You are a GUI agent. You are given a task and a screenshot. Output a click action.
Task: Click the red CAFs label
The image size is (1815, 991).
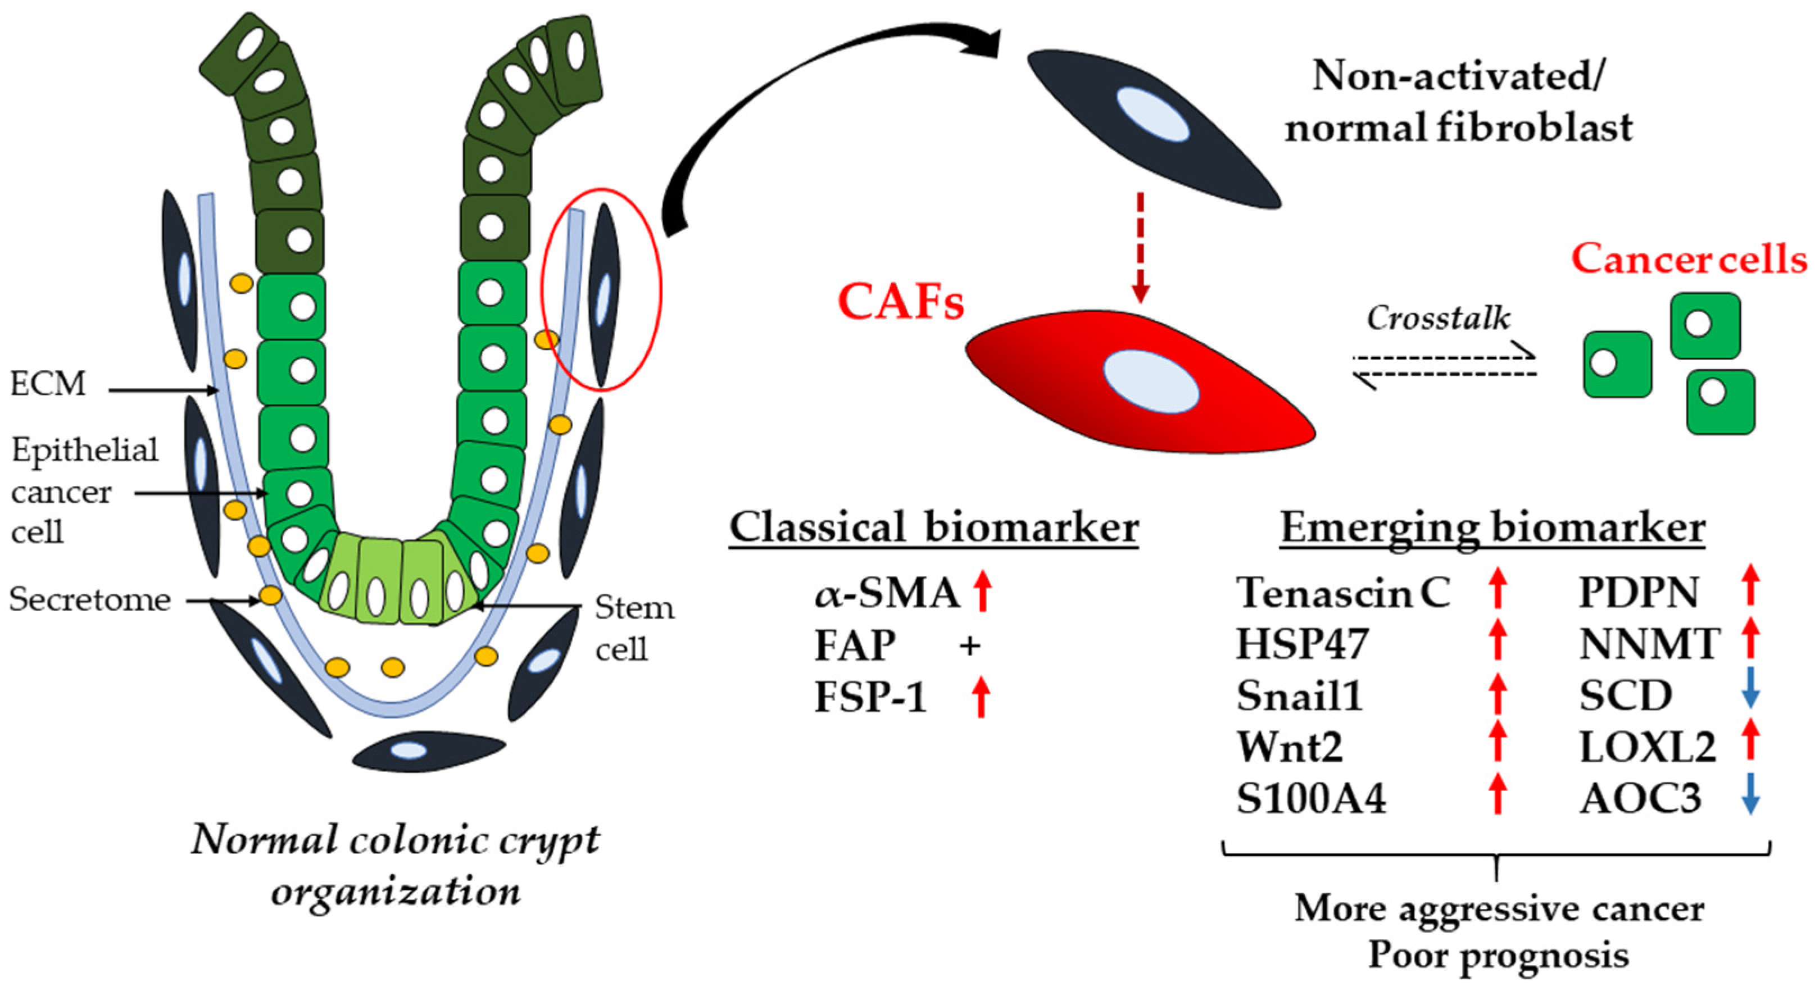tap(900, 302)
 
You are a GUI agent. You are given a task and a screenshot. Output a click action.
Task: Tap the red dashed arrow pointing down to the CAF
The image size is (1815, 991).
tap(1141, 247)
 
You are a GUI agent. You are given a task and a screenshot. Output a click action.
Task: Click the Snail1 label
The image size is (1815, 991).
tap(1299, 696)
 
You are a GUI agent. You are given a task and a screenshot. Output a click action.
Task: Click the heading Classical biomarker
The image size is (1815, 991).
tap(933, 528)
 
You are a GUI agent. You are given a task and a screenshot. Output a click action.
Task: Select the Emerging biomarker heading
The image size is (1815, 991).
tap(1492, 528)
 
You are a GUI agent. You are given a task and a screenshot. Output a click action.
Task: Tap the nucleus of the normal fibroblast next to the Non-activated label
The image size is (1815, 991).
tap(1152, 115)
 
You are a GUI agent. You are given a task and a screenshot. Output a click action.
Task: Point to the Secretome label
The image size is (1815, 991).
tap(90, 599)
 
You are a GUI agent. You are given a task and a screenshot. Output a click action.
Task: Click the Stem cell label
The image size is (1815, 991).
tap(633, 628)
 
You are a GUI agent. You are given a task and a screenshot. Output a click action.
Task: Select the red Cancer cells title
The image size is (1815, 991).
tap(1688, 258)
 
